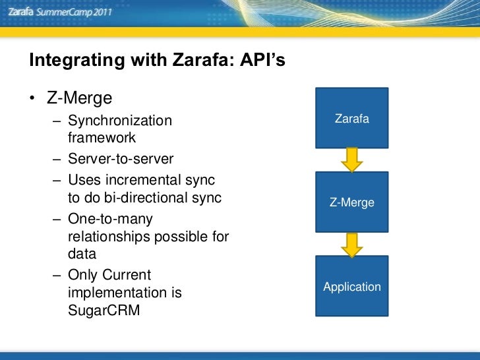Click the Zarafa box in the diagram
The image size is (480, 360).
[x=351, y=118]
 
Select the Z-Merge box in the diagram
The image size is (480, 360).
[x=351, y=202]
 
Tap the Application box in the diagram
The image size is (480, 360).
[x=351, y=286]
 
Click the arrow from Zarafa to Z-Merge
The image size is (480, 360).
[x=351, y=160]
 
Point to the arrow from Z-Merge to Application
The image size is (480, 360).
[x=351, y=244]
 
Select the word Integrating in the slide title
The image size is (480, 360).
[x=70, y=61]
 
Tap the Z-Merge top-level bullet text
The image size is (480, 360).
[x=79, y=98]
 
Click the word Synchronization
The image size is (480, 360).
[x=119, y=121]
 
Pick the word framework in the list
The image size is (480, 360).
[x=102, y=138]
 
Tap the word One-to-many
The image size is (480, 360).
[x=110, y=218]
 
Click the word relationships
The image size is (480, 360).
[x=109, y=236]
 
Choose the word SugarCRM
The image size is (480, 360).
[x=104, y=311]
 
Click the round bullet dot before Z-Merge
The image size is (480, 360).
[x=32, y=99]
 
